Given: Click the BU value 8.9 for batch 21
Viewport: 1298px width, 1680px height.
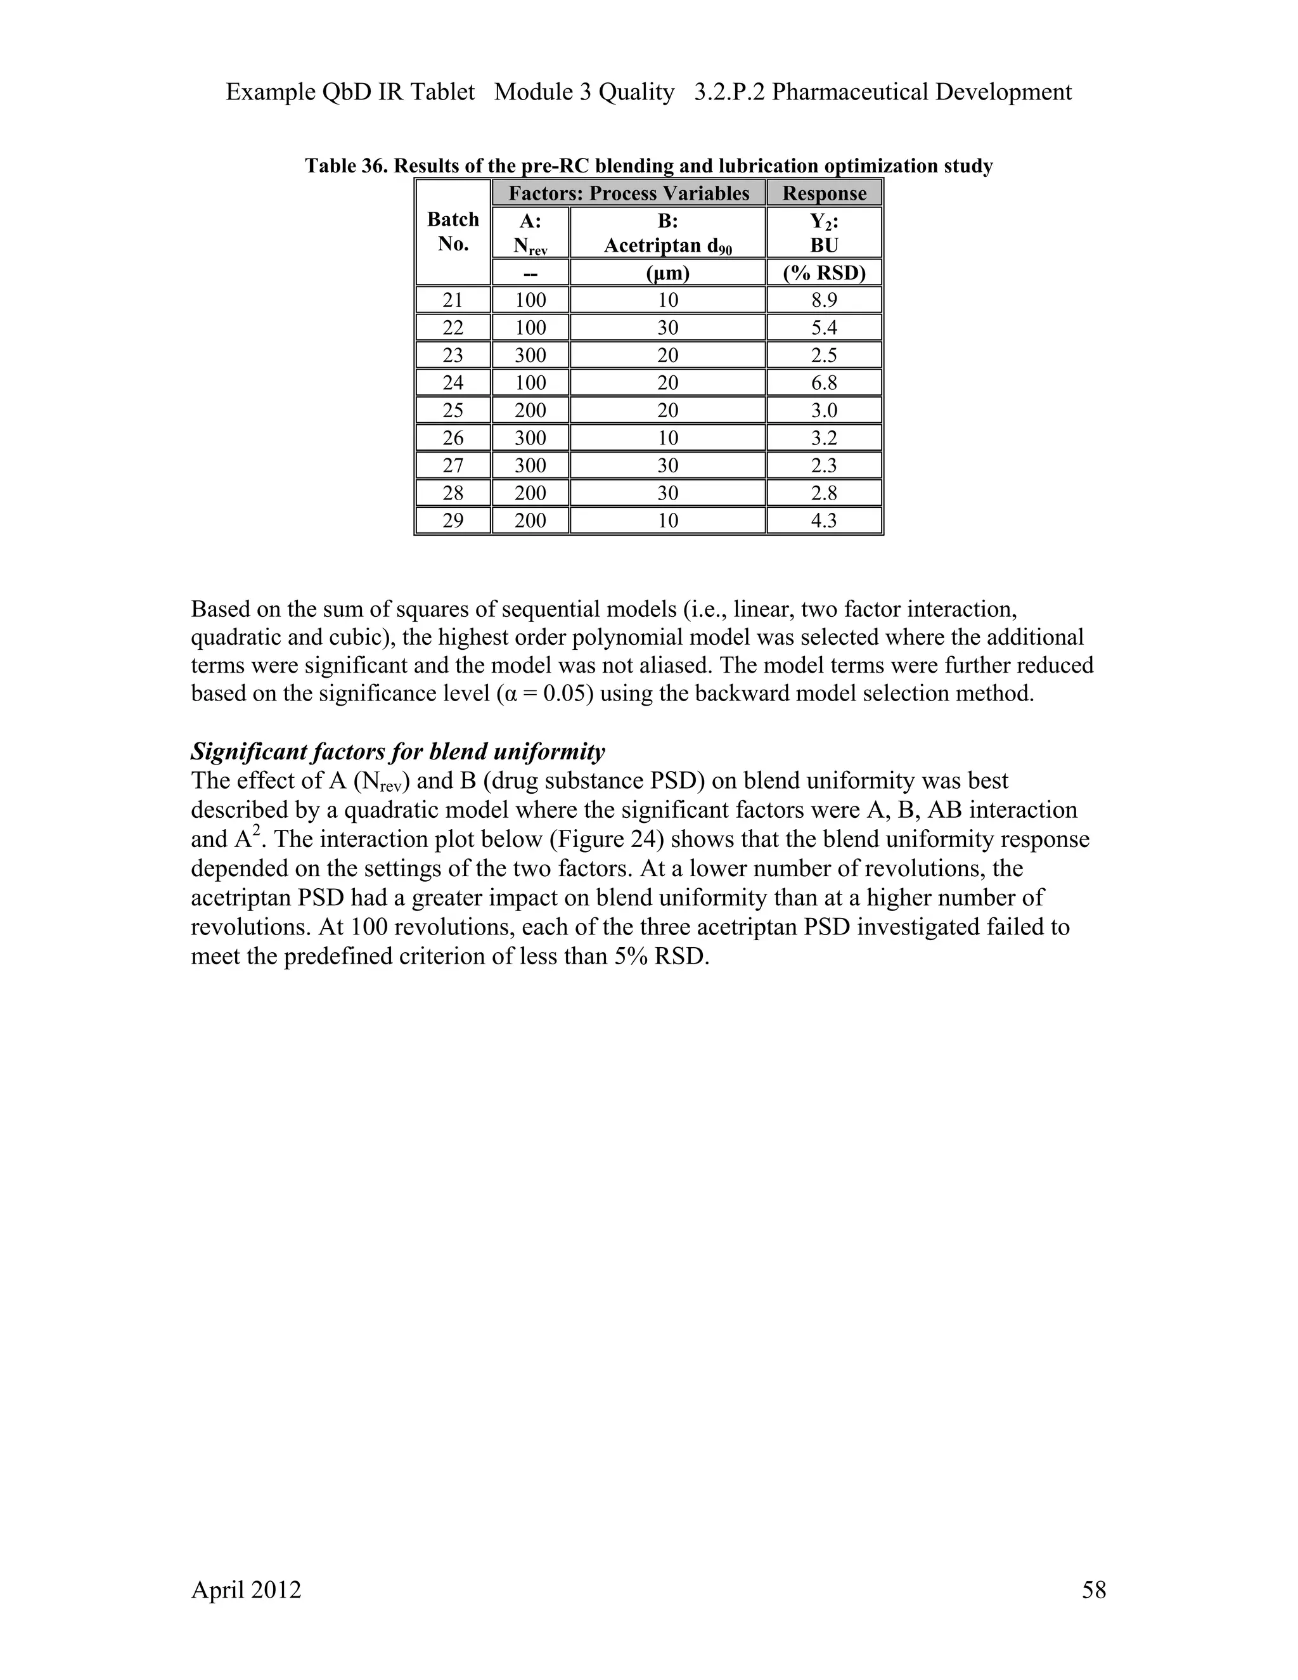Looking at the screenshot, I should pyautogui.click(x=823, y=300).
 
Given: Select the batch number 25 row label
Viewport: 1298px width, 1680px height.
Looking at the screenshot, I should pyautogui.click(x=453, y=410).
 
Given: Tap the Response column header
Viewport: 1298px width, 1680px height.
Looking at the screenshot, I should pyautogui.click(x=823, y=193).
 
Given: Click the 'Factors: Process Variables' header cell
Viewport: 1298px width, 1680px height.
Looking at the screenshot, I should pyautogui.click(x=628, y=193).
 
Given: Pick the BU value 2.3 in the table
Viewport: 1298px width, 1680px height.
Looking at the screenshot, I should pyautogui.click(x=823, y=465).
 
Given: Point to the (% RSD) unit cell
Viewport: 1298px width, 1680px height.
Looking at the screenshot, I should pyautogui.click(x=823, y=273).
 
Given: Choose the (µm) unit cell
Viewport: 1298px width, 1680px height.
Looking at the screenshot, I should pyautogui.click(x=667, y=273).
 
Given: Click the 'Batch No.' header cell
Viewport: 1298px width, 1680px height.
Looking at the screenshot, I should pyautogui.click(x=453, y=231).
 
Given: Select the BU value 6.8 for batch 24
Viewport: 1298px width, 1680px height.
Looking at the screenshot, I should pyautogui.click(x=823, y=382).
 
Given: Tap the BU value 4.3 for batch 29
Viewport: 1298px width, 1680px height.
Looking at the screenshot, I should pyautogui.click(x=823, y=520).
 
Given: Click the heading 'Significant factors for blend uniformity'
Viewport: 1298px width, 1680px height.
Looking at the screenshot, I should pyautogui.click(x=397, y=751).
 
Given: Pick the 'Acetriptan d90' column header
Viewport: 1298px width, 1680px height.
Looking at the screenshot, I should pyautogui.click(x=667, y=245).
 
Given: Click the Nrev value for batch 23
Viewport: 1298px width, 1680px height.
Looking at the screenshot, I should pyautogui.click(x=530, y=356).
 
